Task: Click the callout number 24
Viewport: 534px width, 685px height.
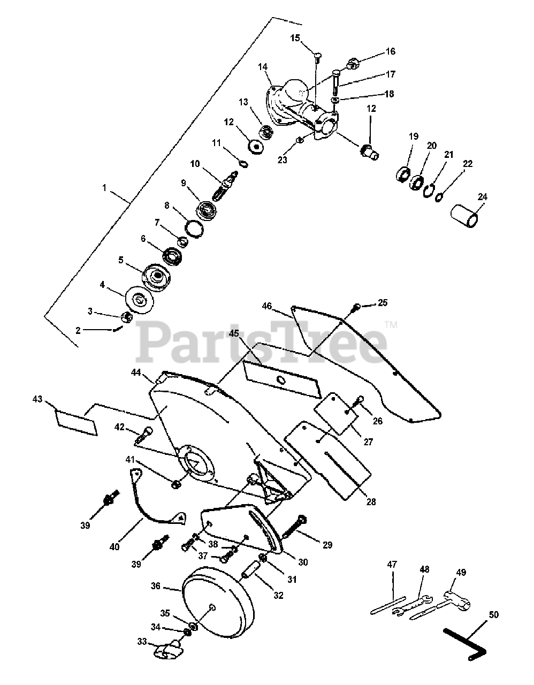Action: point(483,196)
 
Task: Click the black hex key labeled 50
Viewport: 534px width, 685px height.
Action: point(464,642)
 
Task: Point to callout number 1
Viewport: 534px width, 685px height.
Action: point(104,188)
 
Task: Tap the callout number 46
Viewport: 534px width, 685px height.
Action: point(267,307)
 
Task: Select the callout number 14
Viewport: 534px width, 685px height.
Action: point(262,67)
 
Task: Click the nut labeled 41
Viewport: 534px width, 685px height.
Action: point(176,484)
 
